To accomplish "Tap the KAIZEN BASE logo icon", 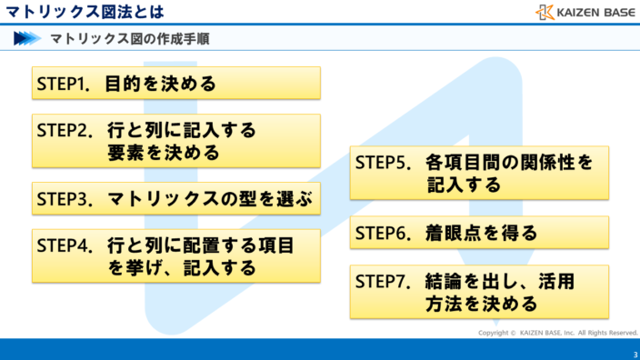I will [x=545, y=12].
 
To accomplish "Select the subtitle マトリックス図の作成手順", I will [x=133, y=39].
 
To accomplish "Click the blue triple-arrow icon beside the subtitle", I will [x=27, y=39].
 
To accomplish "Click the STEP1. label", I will [x=65, y=85].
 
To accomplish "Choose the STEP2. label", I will [x=65, y=131].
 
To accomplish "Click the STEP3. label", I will [x=65, y=199].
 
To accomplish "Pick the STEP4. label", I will [x=65, y=246].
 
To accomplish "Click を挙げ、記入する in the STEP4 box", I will [x=181, y=268].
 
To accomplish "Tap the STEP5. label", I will [x=384, y=163].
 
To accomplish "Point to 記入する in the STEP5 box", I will [x=464, y=185].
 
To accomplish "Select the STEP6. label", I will [x=384, y=232].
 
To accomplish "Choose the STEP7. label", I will [x=384, y=282].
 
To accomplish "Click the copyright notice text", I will [x=558, y=333].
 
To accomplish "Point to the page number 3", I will [x=635, y=353].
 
